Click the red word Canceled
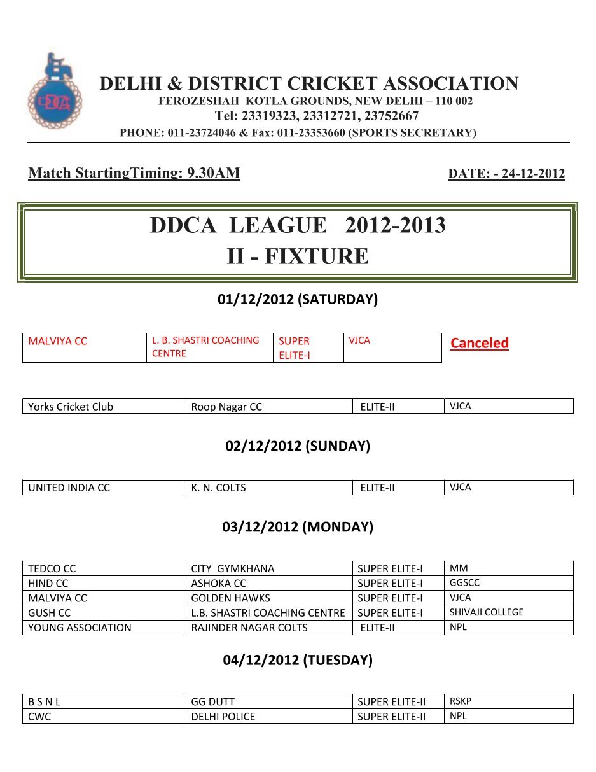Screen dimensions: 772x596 tap(480, 344)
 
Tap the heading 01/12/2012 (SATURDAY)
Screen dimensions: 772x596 tap(298, 300)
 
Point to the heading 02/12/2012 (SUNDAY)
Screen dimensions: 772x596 tap(298, 446)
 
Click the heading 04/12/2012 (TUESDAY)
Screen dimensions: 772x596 tap(298, 660)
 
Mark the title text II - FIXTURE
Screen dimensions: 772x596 tap(298, 256)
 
